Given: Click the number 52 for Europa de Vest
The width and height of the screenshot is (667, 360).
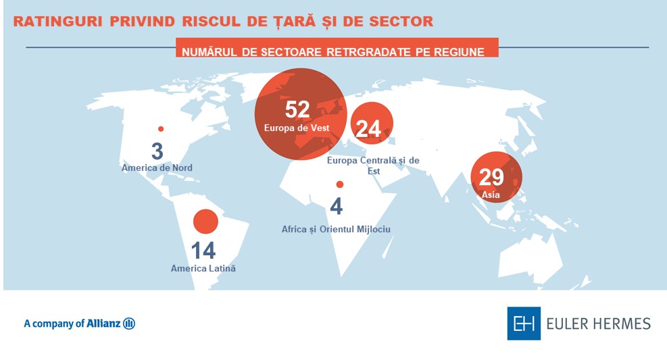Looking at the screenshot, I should pos(297,109).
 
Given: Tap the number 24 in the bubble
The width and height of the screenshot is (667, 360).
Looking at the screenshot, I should pos(368,128).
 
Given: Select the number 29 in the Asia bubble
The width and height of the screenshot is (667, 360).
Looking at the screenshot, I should pos(491,177).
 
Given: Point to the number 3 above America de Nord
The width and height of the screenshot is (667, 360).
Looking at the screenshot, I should pos(157,150).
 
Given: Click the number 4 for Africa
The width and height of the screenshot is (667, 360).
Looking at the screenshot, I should pos(336,206).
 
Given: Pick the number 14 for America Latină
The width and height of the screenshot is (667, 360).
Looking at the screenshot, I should pos(203,251).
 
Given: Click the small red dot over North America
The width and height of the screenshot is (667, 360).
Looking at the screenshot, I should pos(161,129).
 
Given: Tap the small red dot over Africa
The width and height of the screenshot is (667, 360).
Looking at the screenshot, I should pos(340,184).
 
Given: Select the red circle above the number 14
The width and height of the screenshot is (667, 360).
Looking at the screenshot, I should pos(205,222).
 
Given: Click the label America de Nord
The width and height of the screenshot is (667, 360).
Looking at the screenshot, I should pos(157,168).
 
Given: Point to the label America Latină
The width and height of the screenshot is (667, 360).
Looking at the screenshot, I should pos(203,268).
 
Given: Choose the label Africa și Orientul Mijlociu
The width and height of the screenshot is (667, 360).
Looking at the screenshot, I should pos(336,230).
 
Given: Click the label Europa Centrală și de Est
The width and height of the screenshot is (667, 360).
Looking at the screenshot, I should pos(373,165).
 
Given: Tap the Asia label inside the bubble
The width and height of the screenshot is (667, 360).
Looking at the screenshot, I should pos(491,195).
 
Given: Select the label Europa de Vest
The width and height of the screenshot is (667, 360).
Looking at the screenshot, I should pos(297,127).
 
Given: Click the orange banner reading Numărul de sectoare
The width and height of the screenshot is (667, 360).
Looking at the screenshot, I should pos(337,51).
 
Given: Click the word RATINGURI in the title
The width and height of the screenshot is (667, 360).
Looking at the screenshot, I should pos(58,22).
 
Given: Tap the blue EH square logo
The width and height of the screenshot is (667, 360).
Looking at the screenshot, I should pos(524,324).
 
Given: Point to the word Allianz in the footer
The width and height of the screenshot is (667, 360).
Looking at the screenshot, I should pos(103,324).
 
